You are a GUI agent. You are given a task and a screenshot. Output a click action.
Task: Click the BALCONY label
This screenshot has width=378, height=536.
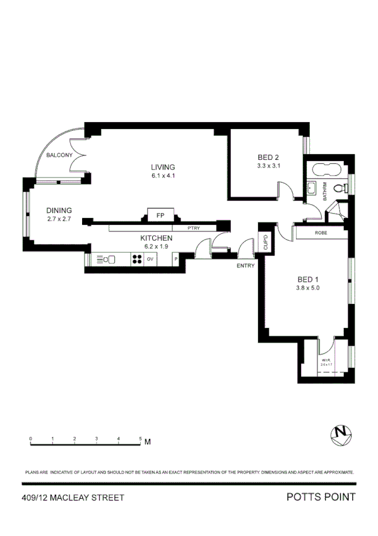tap(59, 155)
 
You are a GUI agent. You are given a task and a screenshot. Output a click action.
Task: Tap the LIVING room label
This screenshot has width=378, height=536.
tap(162, 167)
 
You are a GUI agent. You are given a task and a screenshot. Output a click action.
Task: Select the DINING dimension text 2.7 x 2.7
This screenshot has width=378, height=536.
tap(59, 219)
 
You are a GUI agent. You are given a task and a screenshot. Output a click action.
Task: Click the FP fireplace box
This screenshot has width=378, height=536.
tap(160, 215)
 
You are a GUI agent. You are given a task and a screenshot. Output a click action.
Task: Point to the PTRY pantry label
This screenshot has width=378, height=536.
tap(194, 228)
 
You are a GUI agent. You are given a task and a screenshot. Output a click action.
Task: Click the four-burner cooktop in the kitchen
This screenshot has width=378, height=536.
tap(136, 259)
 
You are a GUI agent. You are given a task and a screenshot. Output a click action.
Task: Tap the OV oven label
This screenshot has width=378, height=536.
tap(150, 259)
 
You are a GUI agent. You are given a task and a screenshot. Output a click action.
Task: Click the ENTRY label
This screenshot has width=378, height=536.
tap(245, 265)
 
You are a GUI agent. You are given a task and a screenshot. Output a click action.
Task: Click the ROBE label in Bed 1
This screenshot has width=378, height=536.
tap(321, 233)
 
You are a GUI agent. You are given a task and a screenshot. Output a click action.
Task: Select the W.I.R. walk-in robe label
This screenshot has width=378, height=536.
tap(326, 361)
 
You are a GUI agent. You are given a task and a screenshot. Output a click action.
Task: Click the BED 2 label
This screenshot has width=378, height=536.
tap(268, 157)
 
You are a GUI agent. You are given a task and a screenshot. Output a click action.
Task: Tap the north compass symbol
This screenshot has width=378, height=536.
tap(342, 433)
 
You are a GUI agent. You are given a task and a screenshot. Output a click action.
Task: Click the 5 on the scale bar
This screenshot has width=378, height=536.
tap(140, 437)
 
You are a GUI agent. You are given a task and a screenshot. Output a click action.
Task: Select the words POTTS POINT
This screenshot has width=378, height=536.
tap(321, 497)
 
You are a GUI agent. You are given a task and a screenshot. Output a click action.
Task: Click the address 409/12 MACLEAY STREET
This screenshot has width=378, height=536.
tap(73, 498)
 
